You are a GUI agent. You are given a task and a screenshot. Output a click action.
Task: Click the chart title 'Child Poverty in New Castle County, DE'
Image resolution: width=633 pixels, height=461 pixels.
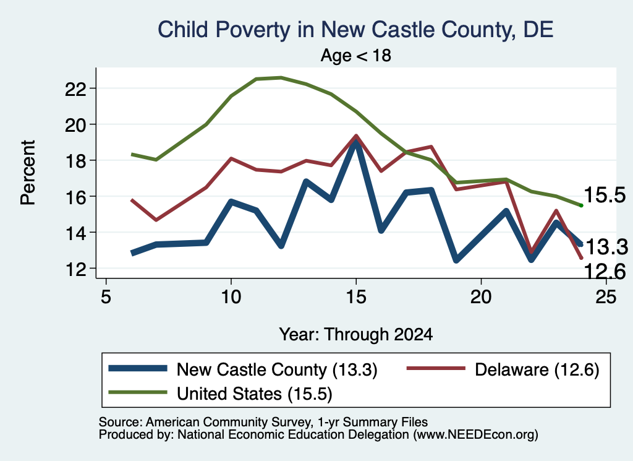[x=355, y=30]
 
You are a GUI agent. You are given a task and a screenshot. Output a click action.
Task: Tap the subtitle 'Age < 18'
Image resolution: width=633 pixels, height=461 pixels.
[x=355, y=55]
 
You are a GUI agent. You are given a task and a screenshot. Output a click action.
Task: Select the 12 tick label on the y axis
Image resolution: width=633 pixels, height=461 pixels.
[x=75, y=269]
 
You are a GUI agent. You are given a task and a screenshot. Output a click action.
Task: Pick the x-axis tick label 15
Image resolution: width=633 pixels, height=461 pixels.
[x=355, y=298]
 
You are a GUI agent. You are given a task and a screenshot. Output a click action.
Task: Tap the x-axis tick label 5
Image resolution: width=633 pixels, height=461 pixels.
[x=106, y=298]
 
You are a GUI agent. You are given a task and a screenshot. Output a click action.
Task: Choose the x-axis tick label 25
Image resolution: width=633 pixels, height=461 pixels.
[x=606, y=298]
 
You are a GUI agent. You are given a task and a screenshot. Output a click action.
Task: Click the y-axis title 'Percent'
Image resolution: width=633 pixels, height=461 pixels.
[x=28, y=173]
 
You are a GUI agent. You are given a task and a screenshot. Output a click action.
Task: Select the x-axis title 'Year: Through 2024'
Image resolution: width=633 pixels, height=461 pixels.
[x=355, y=335]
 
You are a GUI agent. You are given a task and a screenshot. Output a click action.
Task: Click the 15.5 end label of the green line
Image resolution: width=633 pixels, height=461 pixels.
[x=605, y=195]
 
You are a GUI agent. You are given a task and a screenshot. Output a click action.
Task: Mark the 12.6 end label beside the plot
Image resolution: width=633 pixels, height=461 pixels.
[x=605, y=272]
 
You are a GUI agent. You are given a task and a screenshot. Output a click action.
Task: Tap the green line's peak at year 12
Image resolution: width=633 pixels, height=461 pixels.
[x=281, y=77]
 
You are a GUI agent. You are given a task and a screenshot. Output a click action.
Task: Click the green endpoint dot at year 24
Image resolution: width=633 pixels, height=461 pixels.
[x=581, y=205]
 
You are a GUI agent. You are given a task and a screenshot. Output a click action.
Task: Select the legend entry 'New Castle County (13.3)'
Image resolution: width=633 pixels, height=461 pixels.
[x=243, y=369]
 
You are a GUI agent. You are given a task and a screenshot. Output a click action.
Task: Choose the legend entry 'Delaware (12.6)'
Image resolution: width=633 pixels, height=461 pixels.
[x=503, y=369]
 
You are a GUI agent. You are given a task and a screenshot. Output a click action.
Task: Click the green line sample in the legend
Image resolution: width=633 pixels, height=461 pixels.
[x=138, y=392]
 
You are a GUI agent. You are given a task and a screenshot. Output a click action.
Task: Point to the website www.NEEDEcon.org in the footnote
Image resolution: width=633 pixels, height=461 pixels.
[x=475, y=435]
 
